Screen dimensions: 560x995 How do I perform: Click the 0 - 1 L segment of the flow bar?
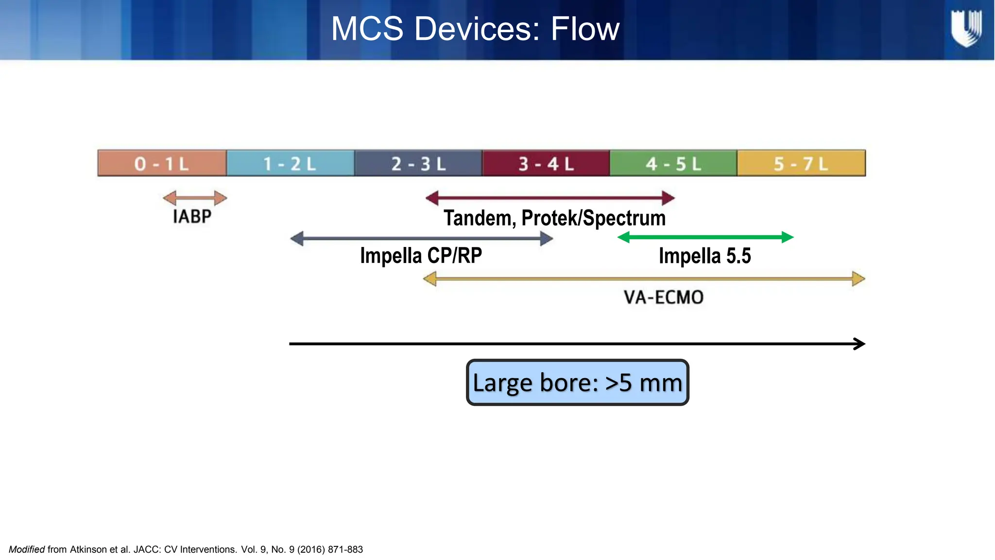[162, 163]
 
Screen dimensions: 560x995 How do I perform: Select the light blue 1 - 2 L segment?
[290, 163]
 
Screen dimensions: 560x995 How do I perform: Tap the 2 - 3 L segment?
[418, 163]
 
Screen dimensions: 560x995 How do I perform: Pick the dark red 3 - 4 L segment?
[546, 163]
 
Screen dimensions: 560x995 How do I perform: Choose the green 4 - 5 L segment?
[673, 163]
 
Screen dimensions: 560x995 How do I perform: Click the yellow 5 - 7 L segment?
[801, 163]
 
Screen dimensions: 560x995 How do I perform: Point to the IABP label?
[192, 217]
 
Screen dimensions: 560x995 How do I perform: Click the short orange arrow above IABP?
[195, 198]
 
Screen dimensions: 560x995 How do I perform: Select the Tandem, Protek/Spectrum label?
[554, 218]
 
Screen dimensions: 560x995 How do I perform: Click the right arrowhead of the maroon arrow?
[669, 198]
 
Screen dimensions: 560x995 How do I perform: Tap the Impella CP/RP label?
[421, 256]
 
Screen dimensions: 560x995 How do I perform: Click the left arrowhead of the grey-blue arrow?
[297, 239]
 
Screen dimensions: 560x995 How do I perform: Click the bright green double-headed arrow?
[705, 237]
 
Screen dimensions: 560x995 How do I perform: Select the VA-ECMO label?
[663, 297]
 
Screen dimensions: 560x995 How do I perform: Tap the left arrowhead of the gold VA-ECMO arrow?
[429, 279]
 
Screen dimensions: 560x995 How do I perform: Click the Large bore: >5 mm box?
[577, 383]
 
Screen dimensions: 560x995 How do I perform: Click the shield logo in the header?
[966, 29]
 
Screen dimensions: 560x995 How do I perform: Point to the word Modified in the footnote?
[27, 549]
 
